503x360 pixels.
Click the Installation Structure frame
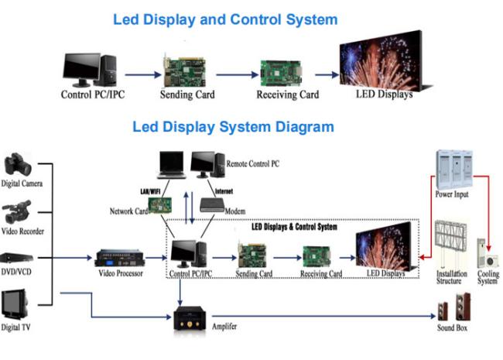click(x=451, y=244)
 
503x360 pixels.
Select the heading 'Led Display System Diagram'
click(x=233, y=126)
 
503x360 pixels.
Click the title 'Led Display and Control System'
click(x=225, y=19)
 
